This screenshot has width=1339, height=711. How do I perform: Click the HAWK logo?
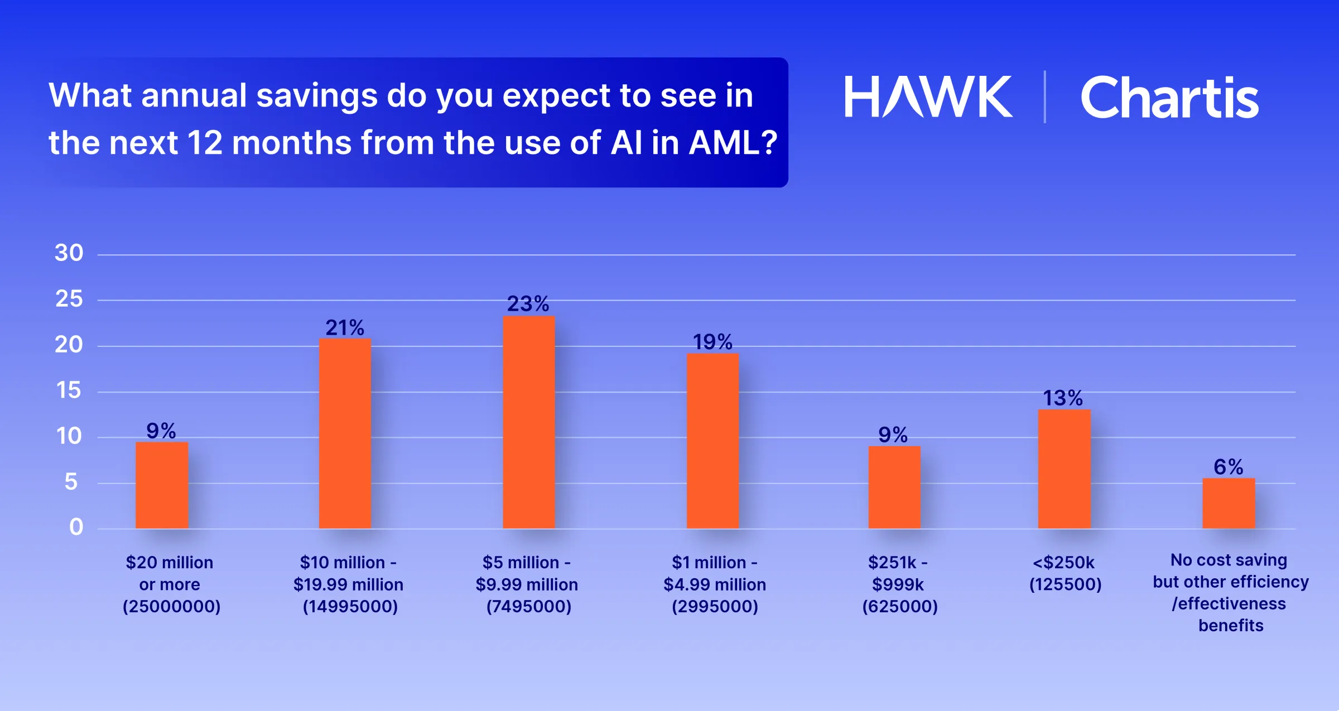(x=928, y=97)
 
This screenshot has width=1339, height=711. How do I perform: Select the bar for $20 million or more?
(x=162, y=485)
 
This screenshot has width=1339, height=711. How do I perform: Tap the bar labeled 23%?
(x=528, y=422)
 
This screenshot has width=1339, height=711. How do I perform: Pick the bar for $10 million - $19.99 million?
(x=345, y=433)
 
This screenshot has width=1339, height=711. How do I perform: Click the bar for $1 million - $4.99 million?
(x=712, y=441)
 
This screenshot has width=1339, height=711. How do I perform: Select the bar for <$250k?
(x=1064, y=469)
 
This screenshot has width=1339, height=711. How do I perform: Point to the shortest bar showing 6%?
(x=1229, y=503)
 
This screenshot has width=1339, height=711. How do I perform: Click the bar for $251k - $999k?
(x=894, y=487)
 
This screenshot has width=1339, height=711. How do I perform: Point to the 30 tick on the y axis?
(x=69, y=253)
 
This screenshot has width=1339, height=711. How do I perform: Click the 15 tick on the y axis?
(x=69, y=390)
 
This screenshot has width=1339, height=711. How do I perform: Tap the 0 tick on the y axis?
(x=76, y=527)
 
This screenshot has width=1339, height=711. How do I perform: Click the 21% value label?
(x=345, y=328)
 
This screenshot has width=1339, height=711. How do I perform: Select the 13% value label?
(x=1063, y=398)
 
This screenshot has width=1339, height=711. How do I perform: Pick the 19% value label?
(x=712, y=342)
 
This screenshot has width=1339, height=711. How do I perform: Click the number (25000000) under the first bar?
(x=171, y=606)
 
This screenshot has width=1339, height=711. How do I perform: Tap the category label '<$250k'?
(x=1063, y=562)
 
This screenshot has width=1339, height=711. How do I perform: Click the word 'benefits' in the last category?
(x=1231, y=626)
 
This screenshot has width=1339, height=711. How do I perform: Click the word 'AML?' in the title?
(x=733, y=143)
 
